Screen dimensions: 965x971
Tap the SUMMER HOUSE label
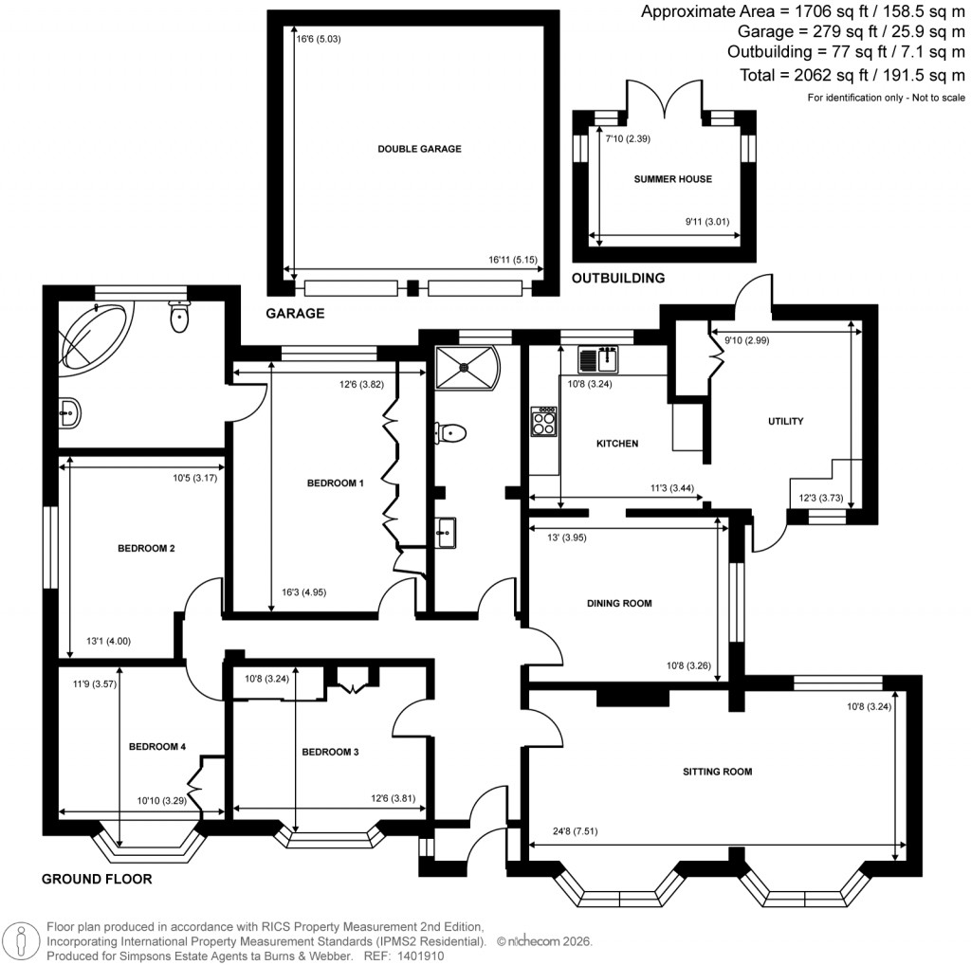[673, 178]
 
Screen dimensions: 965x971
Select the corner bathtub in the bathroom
[94, 336]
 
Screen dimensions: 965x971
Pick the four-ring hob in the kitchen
[544, 422]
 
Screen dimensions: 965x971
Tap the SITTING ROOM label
[717, 772]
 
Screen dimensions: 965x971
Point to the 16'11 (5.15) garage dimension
[508, 259]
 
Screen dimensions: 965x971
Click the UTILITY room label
[786, 421]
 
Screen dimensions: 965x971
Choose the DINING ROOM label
[619, 603]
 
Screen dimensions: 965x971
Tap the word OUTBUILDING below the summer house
[617, 279]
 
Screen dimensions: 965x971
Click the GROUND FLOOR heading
[97, 879]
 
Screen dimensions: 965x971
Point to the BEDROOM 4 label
[156, 747]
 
